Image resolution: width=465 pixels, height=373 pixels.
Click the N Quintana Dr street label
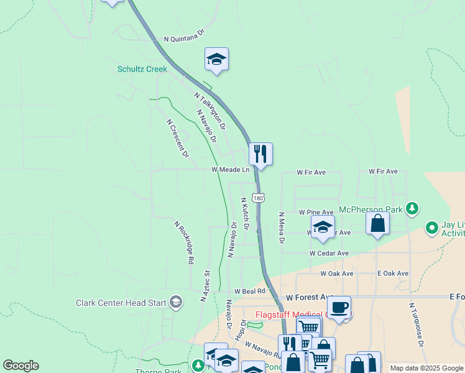coord(184,38)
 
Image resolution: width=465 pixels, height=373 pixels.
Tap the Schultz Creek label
coord(142,69)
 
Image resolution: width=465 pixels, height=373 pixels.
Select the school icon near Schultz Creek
coord(216,59)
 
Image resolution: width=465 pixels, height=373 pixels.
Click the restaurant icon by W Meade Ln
coord(260,154)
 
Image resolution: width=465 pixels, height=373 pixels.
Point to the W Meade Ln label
coord(230,169)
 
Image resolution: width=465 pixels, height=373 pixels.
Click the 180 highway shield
coord(259,197)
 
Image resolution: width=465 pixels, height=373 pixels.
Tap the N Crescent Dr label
coord(177,139)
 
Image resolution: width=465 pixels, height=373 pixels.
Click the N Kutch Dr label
coord(245,214)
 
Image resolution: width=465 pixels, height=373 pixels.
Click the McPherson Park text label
coord(371,210)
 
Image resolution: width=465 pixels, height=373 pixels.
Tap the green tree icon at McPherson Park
coord(411,207)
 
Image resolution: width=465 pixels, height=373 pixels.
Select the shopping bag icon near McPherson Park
coord(377,223)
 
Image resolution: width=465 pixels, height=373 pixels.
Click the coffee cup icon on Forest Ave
coord(339,307)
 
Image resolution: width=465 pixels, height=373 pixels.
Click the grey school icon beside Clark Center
coord(176,302)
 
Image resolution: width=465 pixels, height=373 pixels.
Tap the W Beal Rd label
coord(250,291)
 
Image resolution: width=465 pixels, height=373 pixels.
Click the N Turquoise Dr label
coord(416,325)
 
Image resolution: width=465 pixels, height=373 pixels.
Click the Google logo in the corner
coord(21,366)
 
